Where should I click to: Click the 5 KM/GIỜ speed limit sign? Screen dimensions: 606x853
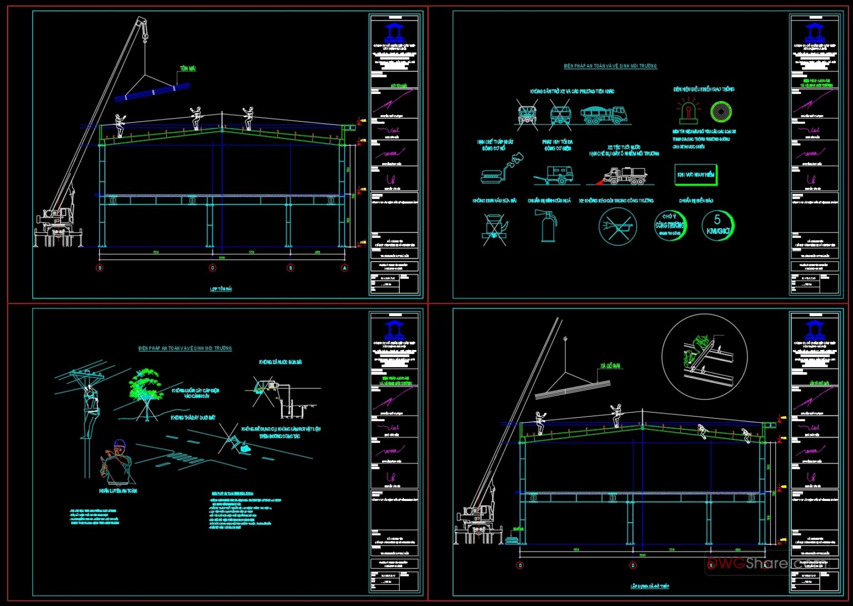(717, 225)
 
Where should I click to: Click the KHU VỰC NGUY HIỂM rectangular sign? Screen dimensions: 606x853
(695, 174)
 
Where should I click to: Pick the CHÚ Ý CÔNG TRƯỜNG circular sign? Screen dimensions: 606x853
(670, 225)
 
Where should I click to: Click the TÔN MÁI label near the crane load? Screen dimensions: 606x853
(188, 69)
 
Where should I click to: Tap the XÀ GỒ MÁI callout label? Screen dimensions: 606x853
(610, 367)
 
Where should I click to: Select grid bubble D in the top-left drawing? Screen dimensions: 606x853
(100, 268)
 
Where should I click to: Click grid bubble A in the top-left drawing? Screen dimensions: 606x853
(345, 268)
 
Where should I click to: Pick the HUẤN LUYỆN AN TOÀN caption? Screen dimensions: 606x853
(118, 491)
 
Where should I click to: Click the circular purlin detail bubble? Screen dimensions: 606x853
(704, 357)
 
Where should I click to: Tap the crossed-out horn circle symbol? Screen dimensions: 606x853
(617, 227)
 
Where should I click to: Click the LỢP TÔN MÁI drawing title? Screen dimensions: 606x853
(221, 289)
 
